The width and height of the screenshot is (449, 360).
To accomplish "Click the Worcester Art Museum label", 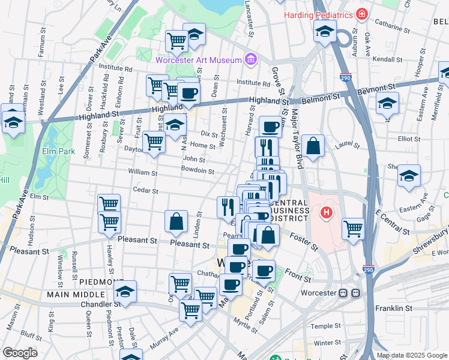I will point(198,59).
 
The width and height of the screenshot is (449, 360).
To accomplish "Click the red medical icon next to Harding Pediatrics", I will point(361,14).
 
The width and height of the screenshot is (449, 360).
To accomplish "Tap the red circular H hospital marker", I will point(326,212).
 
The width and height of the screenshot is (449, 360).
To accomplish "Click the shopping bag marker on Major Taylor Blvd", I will point(313,146).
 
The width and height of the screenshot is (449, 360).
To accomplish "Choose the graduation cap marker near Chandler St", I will point(125,292).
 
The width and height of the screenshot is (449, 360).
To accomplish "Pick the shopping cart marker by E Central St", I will point(353,228).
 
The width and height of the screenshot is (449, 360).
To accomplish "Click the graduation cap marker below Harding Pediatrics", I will point(325,31).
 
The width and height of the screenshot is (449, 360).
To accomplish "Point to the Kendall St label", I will point(387,59).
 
